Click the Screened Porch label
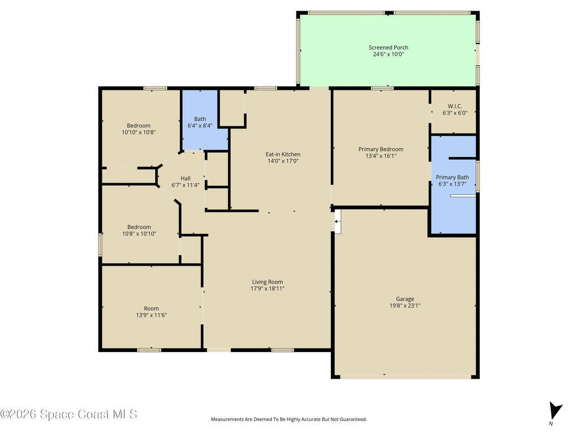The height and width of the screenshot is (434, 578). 388,47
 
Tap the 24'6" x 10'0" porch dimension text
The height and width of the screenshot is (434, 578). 388,54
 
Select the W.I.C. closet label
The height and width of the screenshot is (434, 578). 455,106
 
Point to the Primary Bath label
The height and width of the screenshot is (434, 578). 452,177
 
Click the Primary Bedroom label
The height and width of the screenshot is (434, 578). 381,149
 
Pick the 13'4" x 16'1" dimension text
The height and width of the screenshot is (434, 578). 381,156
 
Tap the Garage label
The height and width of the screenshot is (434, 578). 405,299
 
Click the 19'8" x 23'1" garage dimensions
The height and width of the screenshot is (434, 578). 405,306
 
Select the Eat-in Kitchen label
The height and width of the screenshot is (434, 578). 283,154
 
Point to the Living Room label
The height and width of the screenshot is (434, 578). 267,282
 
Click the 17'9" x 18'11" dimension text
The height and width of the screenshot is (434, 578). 267,289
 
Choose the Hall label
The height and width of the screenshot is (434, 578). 185,178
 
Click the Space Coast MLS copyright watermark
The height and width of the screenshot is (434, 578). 69,414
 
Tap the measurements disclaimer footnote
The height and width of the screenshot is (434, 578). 288,419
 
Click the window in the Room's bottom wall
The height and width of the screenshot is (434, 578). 149,349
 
